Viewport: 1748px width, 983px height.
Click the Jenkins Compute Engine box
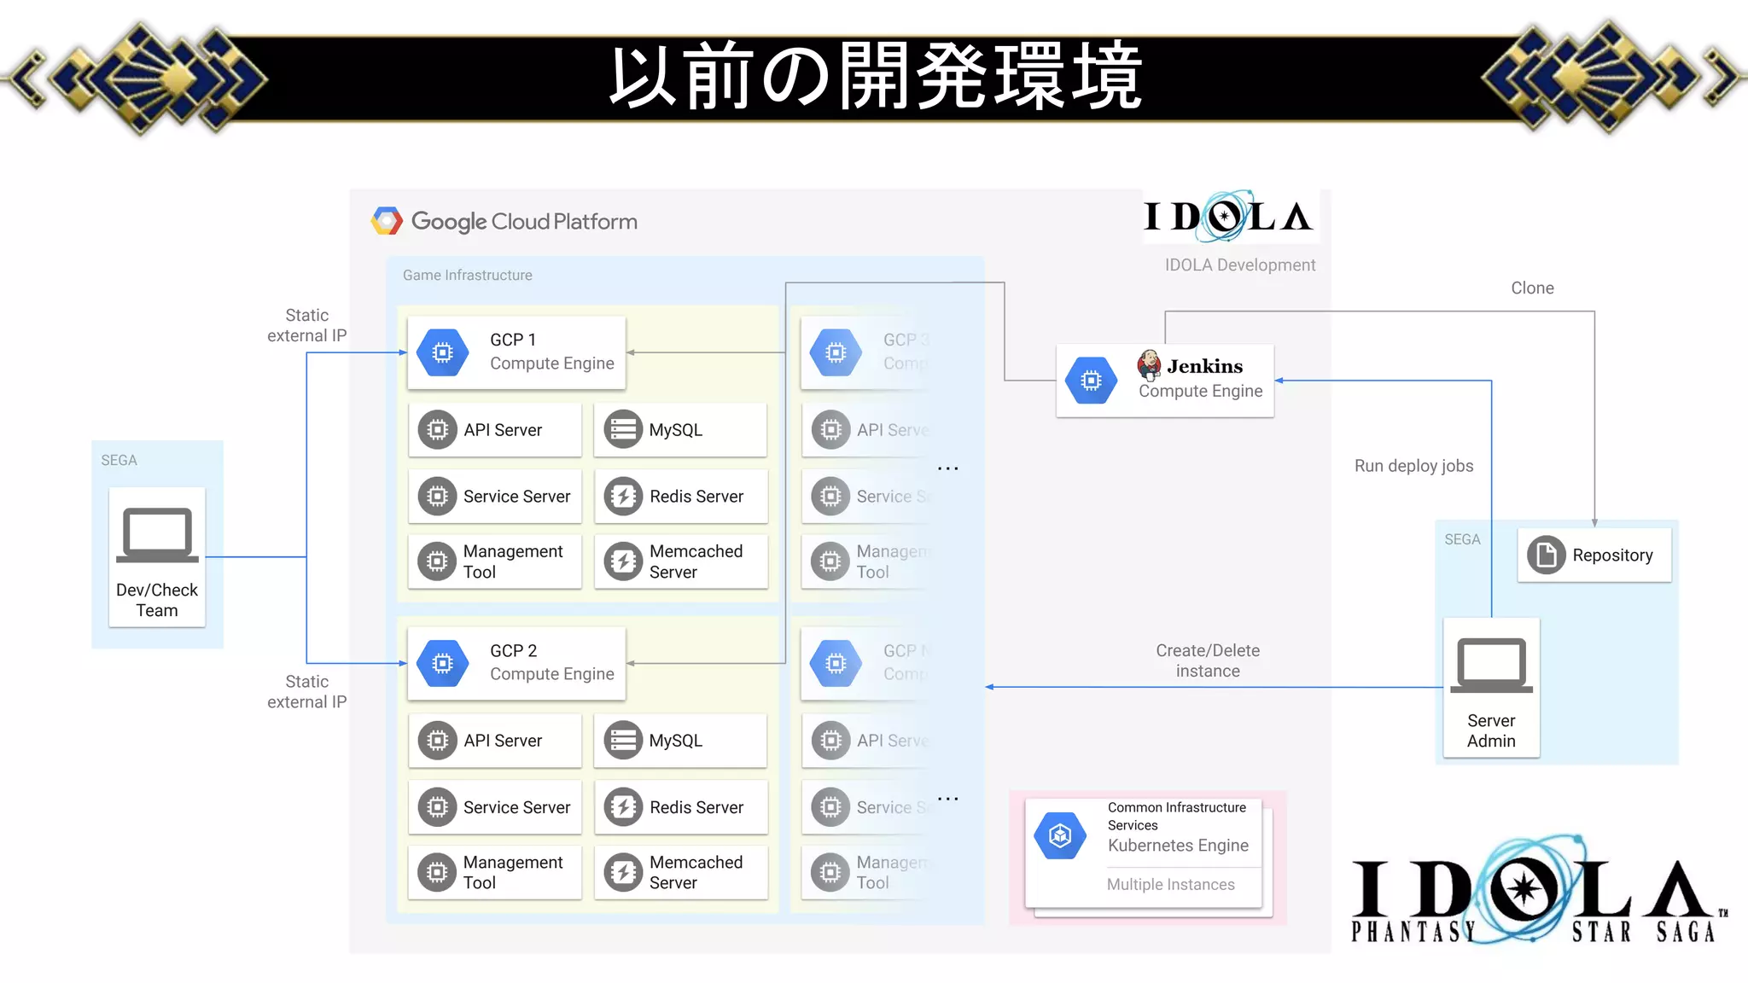click(x=1164, y=381)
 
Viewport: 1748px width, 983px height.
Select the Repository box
click(x=1594, y=555)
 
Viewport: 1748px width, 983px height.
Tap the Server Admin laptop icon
click(x=1491, y=666)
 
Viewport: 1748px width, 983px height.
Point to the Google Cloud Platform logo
click(x=387, y=221)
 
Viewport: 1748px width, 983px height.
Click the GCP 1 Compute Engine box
click(x=516, y=352)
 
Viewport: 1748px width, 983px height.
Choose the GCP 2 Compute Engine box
click(x=516, y=663)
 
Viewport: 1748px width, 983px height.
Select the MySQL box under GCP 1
click(x=680, y=430)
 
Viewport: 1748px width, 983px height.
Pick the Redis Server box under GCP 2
click(x=680, y=807)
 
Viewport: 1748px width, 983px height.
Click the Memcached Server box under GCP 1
click(x=680, y=561)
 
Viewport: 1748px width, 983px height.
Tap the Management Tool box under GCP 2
click(x=494, y=872)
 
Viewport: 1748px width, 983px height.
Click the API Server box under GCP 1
click(x=494, y=430)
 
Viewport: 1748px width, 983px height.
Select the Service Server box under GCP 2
click(x=494, y=807)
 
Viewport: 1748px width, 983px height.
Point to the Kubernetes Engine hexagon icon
click(x=1060, y=835)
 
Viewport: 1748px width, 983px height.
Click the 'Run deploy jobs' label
click(x=1413, y=466)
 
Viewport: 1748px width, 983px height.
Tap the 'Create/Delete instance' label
click(x=1208, y=660)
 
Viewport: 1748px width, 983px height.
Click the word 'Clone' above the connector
click(x=1532, y=288)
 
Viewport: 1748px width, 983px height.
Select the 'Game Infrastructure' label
click(x=468, y=276)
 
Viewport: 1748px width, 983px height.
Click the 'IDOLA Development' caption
click(x=1239, y=265)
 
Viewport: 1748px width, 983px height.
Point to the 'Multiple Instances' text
click(x=1170, y=885)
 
